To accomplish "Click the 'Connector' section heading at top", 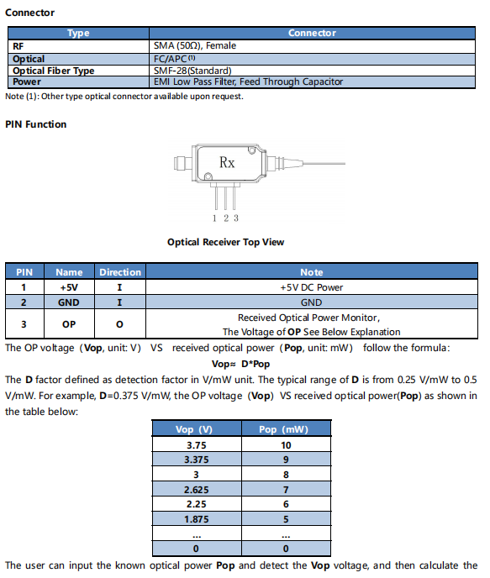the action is (x=29, y=13).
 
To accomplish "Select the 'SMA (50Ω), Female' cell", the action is (x=195, y=45).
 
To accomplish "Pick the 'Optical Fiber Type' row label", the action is (x=54, y=71).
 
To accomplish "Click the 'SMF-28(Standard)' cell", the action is (x=192, y=71).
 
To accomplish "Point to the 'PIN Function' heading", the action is (x=36, y=124).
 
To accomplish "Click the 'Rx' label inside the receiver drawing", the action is (x=227, y=162).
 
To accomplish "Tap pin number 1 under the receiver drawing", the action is (x=214, y=218).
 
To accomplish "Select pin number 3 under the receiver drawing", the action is (x=236, y=218).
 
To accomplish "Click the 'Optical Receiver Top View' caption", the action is (x=225, y=242).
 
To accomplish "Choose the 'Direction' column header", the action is (x=120, y=272).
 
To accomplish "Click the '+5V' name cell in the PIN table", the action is (x=69, y=287).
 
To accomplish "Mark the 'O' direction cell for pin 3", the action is (x=119, y=324).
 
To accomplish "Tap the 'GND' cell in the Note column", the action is (x=312, y=302).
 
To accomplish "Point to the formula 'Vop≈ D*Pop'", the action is (x=240, y=365).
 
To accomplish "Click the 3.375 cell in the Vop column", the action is (x=197, y=460).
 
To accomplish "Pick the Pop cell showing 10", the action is (x=286, y=445).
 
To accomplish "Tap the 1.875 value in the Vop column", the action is (x=197, y=519).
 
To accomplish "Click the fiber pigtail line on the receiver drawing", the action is (x=324, y=163).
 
